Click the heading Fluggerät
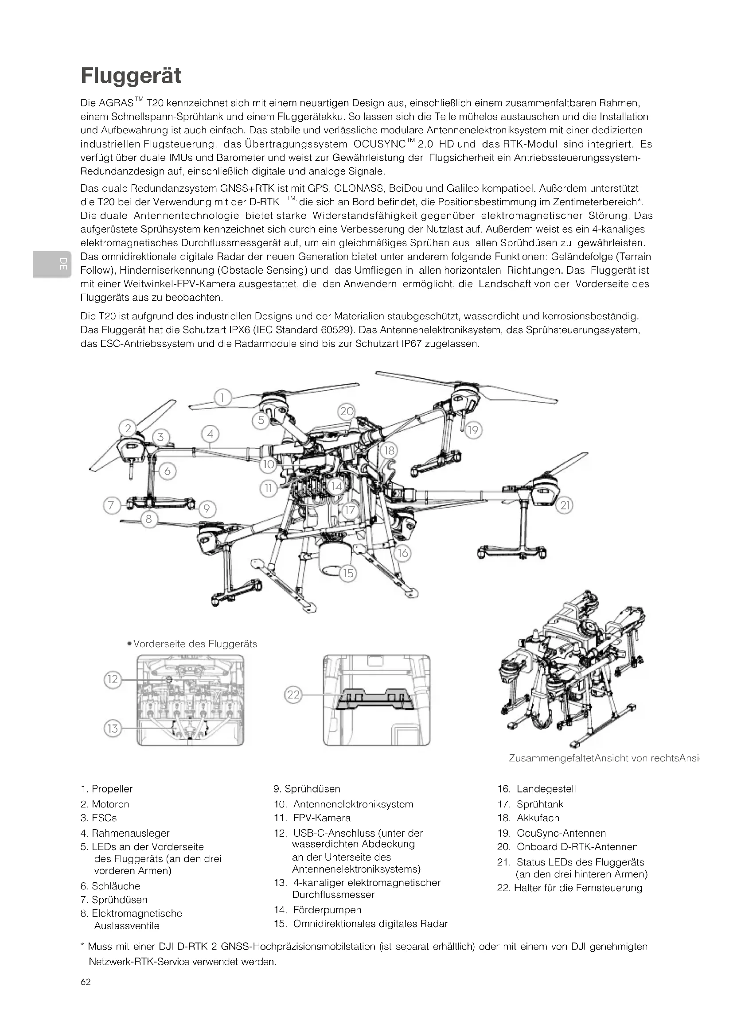[131, 76]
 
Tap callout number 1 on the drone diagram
[222, 397]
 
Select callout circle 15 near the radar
[348, 573]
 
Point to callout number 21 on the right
[565, 505]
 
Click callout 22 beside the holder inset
[293, 695]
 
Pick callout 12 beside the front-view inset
[113, 679]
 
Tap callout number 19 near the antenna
[472, 430]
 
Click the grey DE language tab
[51, 264]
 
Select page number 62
[85, 982]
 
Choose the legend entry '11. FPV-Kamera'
[312, 818]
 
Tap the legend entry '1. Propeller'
[106, 789]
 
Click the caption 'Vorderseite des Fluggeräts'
[195, 644]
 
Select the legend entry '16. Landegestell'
[536, 789]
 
